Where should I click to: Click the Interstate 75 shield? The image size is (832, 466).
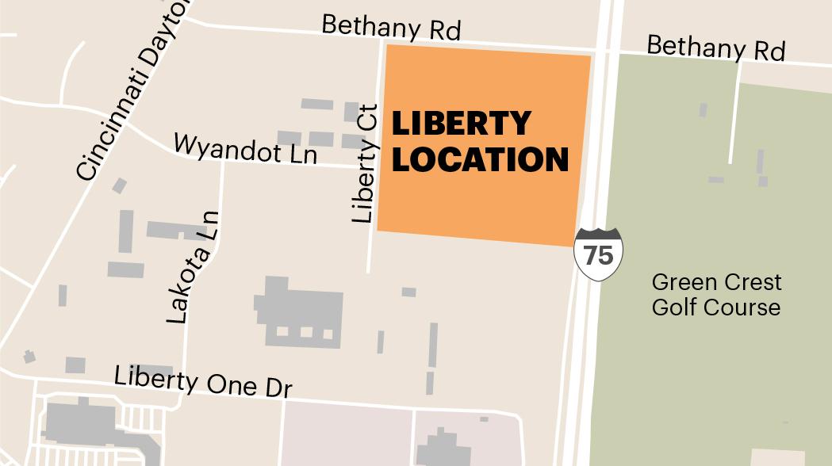(x=599, y=254)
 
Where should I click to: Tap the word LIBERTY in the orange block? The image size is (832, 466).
(x=461, y=123)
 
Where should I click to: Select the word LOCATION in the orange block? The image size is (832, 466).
(x=481, y=159)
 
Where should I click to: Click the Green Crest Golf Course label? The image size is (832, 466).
(x=716, y=294)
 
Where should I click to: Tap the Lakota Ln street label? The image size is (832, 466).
(x=191, y=266)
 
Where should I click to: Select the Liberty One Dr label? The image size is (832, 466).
(x=204, y=380)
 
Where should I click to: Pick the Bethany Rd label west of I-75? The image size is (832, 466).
(x=391, y=27)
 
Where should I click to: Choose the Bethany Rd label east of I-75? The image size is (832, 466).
(x=715, y=47)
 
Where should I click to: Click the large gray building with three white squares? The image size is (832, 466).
(x=299, y=313)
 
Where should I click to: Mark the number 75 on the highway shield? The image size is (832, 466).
(x=599, y=255)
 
